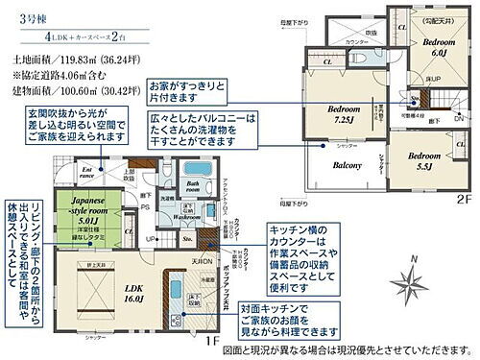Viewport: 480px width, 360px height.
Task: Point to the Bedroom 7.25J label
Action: pos(342,112)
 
